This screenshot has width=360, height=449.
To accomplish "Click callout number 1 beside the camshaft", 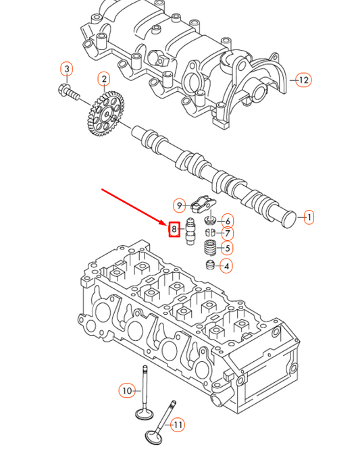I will pyautogui.click(x=309, y=217).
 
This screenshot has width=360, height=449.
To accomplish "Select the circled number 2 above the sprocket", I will pyautogui.click(x=103, y=80).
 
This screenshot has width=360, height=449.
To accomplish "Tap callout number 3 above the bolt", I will pyautogui.click(x=66, y=68).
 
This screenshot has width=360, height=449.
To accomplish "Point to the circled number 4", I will pyautogui.click(x=227, y=266).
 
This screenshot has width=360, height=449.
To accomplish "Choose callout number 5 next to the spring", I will pyautogui.click(x=227, y=248).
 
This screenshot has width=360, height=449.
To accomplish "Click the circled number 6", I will pyautogui.click(x=227, y=221).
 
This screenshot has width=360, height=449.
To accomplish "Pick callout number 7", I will pyautogui.click(x=227, y=234).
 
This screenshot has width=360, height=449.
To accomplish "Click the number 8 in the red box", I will pyautogui.click(x=174, y=230).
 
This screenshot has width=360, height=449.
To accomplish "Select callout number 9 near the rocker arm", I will pyautogui.click(x=180, y=205).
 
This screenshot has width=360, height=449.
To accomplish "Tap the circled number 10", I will pyautogui.click(x=126, y=390).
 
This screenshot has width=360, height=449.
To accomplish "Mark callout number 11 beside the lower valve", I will pyautogui.click(x=178, y=425).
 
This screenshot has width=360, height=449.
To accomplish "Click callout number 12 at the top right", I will pyautogui.click(x=303, y=80).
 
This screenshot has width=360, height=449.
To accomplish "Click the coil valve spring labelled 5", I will pyautogui.click(x=209, y=248).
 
